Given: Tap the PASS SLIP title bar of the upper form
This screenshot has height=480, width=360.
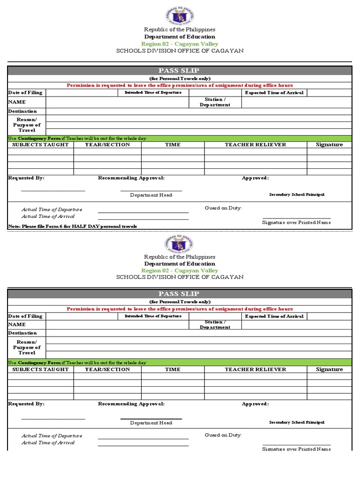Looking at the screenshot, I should [x=179, y=70].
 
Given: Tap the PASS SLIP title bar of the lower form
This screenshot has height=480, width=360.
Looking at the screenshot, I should [x=179, y=294].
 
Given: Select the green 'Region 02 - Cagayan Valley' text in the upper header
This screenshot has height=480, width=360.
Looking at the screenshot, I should [x=180, y=44].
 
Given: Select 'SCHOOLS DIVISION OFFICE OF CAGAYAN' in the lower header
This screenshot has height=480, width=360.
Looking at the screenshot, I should [x=180, y=277].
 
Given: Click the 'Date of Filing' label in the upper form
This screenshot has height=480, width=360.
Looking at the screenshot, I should [x=25, y=92].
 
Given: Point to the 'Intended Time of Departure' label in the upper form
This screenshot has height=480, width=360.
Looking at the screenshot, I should [x=153, y=92].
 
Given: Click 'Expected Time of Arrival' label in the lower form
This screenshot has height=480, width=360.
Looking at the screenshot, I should [x=274, y=316].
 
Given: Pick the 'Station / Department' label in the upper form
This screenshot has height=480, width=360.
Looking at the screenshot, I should [x=215, y=102].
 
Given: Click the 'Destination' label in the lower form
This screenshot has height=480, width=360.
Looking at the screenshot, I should [x=22, y=333].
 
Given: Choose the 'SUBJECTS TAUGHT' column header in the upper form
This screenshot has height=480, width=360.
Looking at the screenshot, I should [x=40, y=144].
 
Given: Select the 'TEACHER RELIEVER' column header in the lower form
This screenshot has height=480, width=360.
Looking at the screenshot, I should [x=255, y=369].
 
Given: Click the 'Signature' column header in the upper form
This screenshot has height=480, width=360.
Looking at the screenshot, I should [x=329, y=144].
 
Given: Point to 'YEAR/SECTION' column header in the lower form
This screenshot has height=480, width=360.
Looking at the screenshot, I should [x=107, y=369].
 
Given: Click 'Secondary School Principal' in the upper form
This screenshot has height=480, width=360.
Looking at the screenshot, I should [x=296, y=195].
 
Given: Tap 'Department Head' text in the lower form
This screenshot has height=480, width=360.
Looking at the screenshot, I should [x=151, y=423].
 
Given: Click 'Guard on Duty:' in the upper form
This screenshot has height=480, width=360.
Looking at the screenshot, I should [x=223, y=208].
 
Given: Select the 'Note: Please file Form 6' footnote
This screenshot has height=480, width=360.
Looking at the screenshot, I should [x=73, y=226].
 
